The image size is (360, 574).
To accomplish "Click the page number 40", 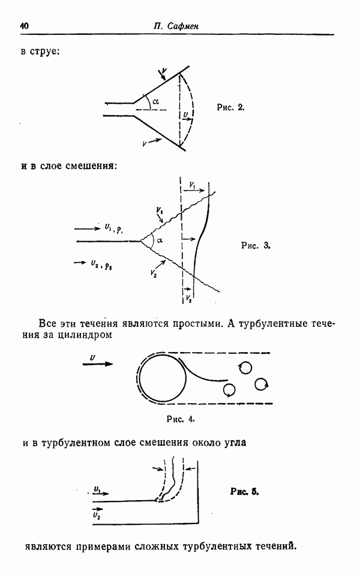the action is [x=24, y=26].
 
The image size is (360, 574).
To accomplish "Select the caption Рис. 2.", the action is [x=230, y=107].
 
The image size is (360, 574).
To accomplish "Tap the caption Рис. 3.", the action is [x=256, y=245].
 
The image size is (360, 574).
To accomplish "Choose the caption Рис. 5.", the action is [x=245, y=492].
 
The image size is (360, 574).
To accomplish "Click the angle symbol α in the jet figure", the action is [x=155, y=101].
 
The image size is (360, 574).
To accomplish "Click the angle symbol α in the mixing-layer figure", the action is [x=160, y=241].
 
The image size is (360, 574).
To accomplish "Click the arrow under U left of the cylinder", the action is [x=98, y=364].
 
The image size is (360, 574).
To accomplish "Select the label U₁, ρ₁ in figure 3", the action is [x=113, y=229].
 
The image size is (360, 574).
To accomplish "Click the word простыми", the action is [x=197, y=324].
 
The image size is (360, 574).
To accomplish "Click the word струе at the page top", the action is [x=44, y=52].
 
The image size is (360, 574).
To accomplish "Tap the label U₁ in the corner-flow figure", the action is [x=97, y=489].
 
